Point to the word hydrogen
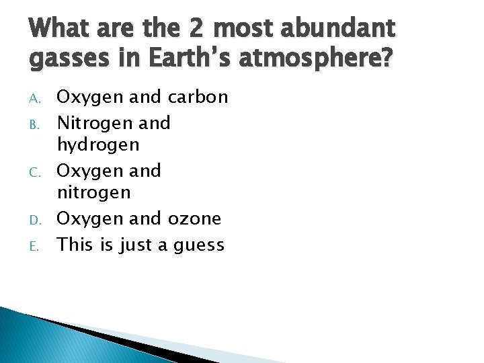coord(98,145)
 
